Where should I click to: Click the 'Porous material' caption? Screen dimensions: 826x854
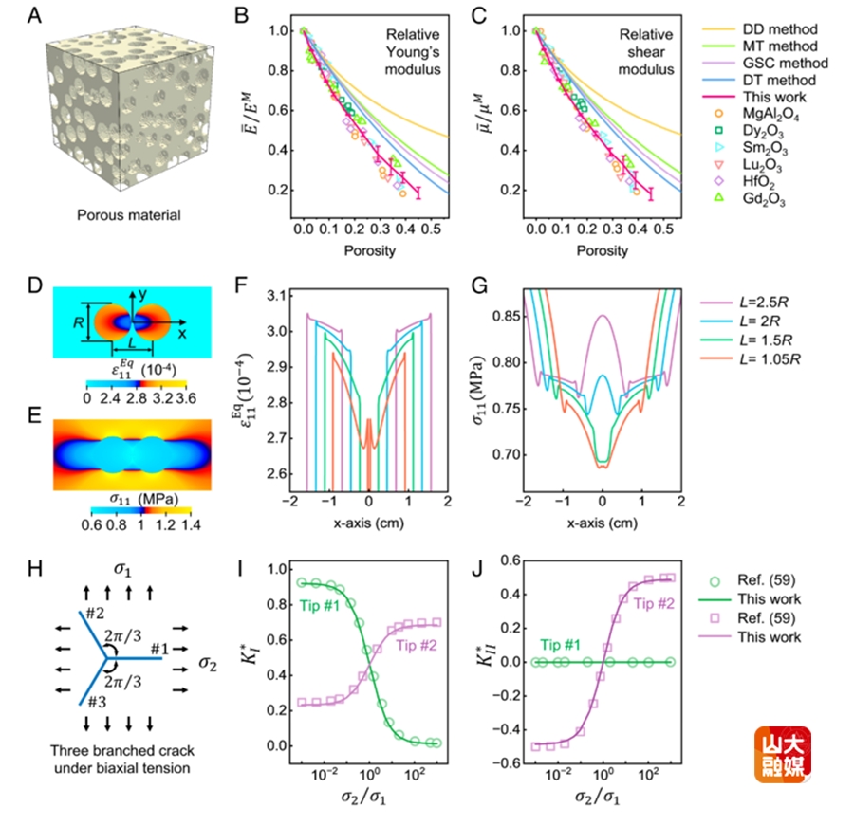(130, 214)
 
